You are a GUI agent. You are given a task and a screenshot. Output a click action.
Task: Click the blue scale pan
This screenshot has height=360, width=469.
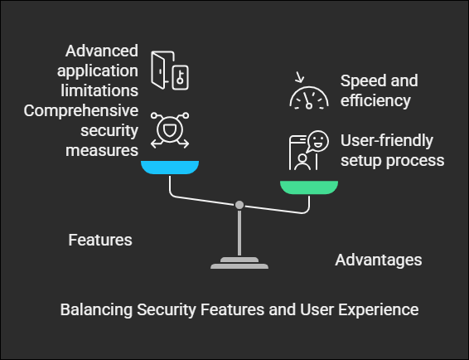170,167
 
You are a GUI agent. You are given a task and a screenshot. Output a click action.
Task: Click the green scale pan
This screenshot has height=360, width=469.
309,187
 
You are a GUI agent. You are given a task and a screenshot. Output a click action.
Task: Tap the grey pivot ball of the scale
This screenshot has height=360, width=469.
239,205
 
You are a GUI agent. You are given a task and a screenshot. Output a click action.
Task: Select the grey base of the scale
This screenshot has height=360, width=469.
239,263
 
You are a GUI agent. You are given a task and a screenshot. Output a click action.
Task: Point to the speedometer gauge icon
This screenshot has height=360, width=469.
309,97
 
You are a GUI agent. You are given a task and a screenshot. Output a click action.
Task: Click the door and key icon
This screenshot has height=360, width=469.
170,71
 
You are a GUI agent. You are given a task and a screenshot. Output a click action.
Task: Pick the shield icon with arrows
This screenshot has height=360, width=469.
170,130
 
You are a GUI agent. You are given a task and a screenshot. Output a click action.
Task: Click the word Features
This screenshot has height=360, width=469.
100,240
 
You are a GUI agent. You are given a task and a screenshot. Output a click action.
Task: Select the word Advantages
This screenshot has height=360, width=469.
379,260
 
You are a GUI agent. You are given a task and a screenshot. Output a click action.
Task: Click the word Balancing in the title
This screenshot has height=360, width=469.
96,309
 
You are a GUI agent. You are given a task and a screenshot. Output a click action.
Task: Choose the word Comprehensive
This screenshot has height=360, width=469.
81,111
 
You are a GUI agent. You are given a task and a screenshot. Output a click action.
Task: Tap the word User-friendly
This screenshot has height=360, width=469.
387,141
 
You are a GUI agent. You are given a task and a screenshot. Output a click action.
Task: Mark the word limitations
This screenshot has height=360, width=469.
99,90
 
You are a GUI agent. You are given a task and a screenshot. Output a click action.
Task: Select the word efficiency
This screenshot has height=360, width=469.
375,100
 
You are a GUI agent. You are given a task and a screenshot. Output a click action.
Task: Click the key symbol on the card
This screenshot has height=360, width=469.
180,77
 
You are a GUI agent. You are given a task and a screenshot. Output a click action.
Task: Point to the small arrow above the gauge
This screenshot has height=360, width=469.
299,77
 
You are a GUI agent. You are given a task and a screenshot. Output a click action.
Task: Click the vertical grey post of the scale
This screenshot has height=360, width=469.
239,233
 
